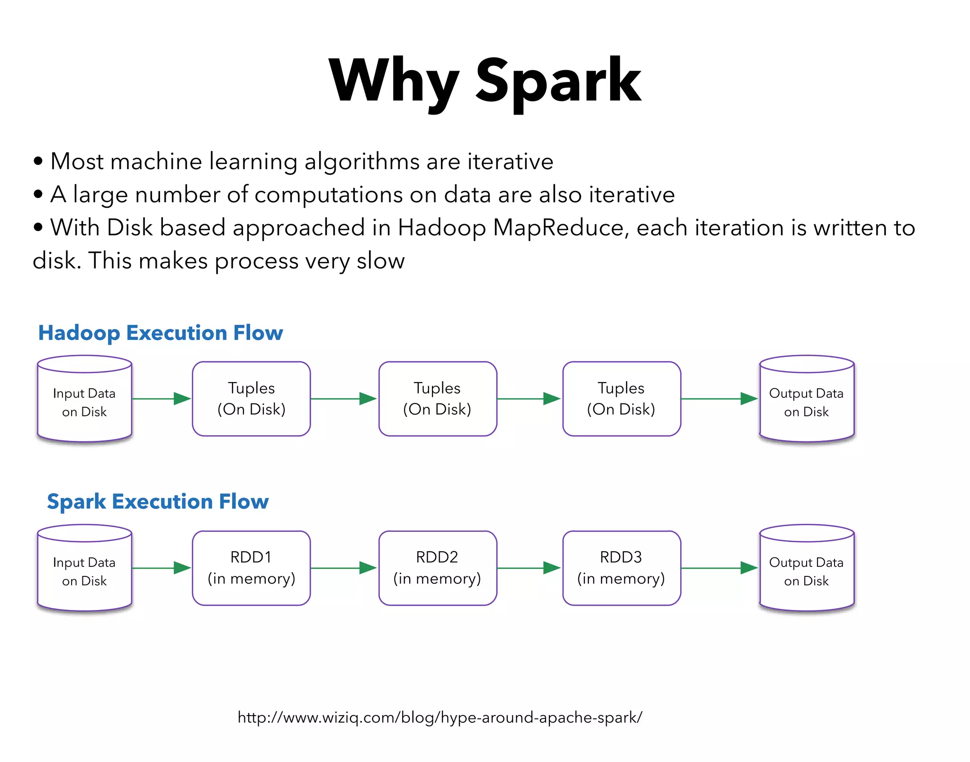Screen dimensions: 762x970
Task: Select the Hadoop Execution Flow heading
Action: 160,333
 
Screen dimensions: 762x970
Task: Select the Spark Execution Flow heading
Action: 158,502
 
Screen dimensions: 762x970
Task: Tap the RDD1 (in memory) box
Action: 251,568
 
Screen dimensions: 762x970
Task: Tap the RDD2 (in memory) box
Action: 437,568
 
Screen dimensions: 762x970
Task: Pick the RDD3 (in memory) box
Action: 621,568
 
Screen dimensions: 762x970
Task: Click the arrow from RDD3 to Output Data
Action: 719,568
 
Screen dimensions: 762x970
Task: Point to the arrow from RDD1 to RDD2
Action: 343,568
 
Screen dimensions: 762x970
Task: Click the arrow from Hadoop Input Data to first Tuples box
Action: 161,399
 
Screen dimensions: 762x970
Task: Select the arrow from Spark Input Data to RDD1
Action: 161,568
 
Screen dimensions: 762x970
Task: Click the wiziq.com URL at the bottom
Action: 440,717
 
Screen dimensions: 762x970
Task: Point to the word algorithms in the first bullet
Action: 362,162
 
